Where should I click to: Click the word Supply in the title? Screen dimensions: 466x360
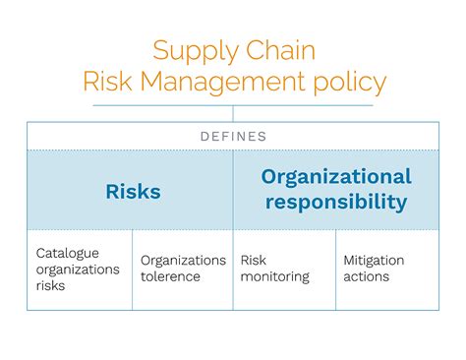pyautogui.click(x=196, y=52)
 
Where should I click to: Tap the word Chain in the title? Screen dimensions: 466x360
pyautogui.click(x=280, y=50)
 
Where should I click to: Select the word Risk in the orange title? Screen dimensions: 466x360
pyautogui.click(x=108, y=81)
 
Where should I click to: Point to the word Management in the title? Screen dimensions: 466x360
pyautogui.click(x=223, y=83)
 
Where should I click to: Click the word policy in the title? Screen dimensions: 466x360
pyautogui.click(x=350, y=83)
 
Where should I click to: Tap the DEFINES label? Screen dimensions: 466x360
pyautogui.click(x=233, y=137)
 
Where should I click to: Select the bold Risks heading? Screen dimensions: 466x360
pyautogui.click(x=134, y=192)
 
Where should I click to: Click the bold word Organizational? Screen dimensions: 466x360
pyautogui.click(x=336, y=177)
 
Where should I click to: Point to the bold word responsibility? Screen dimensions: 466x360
pyautogui.click(x=336, y=202)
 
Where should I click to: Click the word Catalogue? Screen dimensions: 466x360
pyautogui.click(x=68, y=254)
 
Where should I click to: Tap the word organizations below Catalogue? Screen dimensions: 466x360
pyautogui.click(x=78, y=270)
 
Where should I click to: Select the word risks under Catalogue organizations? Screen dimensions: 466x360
pyautogui.click(x=50, y=285)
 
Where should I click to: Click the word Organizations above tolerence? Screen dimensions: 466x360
pyautogui.click(x=184, y=261)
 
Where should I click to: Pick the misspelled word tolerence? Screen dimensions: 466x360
pyautogui.click(x=170, y=276)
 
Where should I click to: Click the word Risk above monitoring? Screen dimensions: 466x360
pyautogui.click(x=253, y=261)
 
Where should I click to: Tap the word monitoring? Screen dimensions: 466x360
pyautogui.click(x=275, y=277)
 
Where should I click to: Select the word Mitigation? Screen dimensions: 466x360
pyautogui.click(x=374, y=261)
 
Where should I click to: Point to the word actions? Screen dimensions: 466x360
pyautogui.click(x=367, y=276)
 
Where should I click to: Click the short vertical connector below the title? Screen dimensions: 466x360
pyautogui.click(x=233, y=114)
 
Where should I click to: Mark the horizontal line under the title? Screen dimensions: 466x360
pyautogui.click(x=233, y=105)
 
